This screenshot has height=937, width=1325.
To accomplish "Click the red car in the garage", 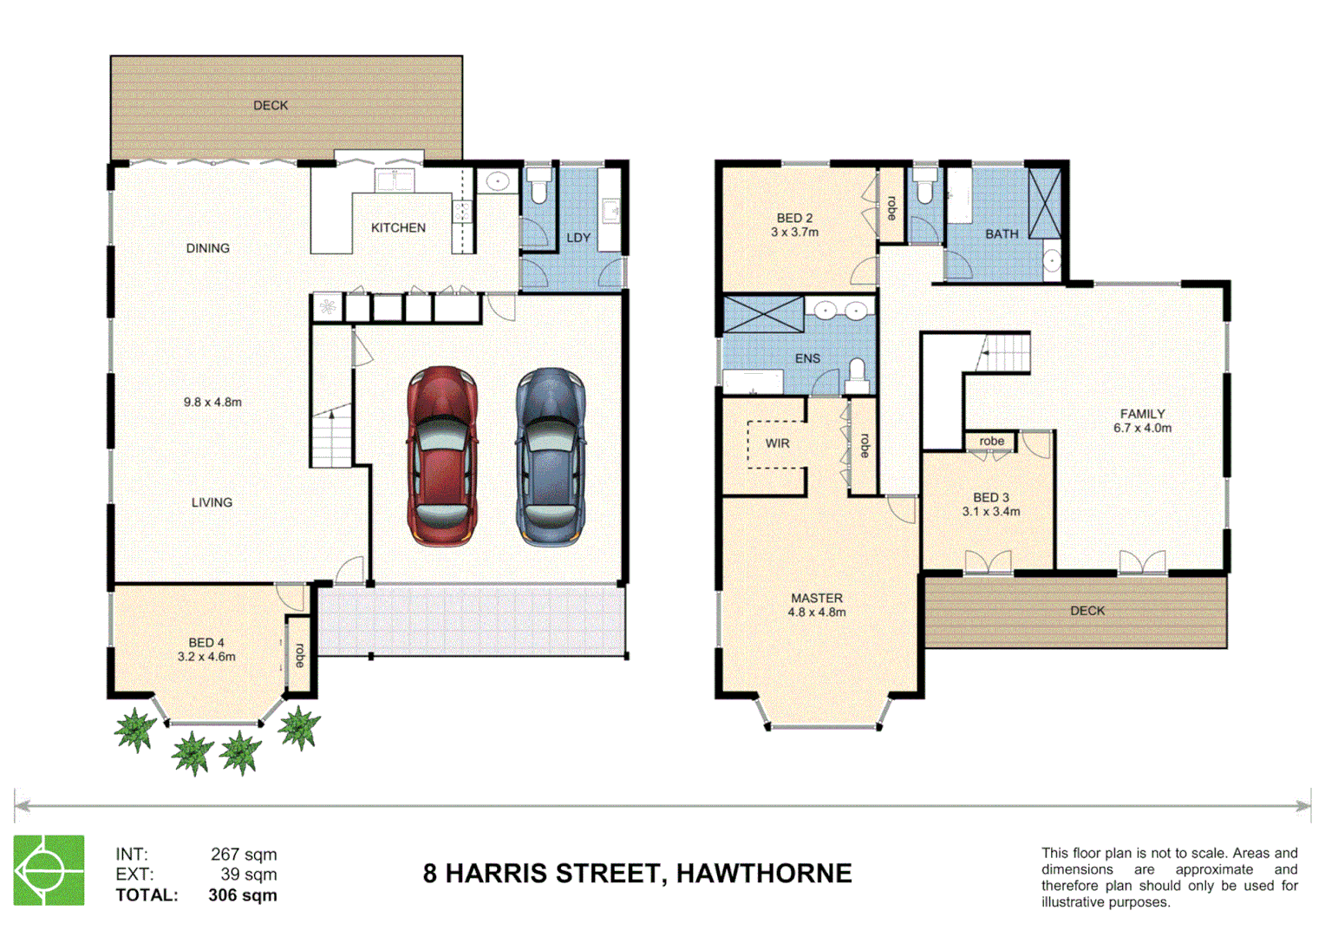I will [x=442, y=455].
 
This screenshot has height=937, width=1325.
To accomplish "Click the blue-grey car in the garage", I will [x=551, y=455].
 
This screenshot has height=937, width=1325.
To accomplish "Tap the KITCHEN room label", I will [x=398, y=228].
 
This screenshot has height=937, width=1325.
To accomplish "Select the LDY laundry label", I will [x=578, y=238].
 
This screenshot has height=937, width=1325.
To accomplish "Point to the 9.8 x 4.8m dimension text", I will [x=212, y=403].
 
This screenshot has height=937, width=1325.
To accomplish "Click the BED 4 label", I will [x=206, y=643].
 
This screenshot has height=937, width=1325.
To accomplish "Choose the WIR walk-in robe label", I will [x=777, y=443].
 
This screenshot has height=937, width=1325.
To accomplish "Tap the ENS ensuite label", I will [x=807, y=358].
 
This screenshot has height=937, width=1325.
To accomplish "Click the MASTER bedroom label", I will [x=816, y=599].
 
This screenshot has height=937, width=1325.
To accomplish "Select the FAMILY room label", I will [x=1142, y=414].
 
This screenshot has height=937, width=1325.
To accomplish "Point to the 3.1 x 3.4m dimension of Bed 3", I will [x=991, y=512].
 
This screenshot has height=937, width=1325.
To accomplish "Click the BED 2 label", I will [x=794, y=219].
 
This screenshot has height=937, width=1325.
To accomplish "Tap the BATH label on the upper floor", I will [x=1002, y=234].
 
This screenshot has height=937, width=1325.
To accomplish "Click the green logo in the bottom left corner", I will [x=49, y=870].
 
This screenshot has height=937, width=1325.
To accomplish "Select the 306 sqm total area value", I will [x=243, y=895].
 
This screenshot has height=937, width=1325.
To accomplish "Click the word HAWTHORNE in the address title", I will [x=764, y=874].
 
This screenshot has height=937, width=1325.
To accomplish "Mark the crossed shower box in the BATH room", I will [x=1044, y=203].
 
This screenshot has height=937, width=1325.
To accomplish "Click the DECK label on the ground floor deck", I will [x=271, y=106].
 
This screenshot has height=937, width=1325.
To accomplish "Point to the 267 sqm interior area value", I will [x=244, y=855].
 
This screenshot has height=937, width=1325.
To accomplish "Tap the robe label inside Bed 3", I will [x=991, y=442].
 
